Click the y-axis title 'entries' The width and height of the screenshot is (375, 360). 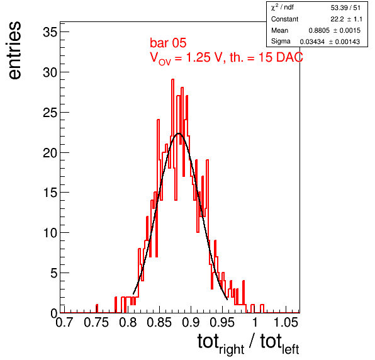click(15, 50)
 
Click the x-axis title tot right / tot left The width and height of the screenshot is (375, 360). click(249, 344)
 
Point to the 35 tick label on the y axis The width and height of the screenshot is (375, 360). click(50, 32)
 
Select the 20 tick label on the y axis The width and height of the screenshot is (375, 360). click(50, 152)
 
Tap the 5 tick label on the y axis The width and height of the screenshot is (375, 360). click(54, 273)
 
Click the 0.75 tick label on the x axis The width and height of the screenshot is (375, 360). click(96, 322)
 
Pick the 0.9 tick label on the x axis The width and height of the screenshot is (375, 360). click(191, 322)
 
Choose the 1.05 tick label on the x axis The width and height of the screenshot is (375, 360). click(286, 322)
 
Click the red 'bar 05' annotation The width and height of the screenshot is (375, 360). click(168, 43)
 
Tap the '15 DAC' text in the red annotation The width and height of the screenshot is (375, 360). click(281, 57)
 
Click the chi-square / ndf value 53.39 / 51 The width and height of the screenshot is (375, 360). click(345, 8)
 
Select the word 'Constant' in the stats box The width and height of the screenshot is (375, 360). click(284, 19)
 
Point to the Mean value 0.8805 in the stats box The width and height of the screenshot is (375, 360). click(319, 30)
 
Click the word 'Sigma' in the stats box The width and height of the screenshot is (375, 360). click(281, 42)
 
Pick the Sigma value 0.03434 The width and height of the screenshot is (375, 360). click(312, 42)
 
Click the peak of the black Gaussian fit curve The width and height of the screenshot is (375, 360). click(179, 133)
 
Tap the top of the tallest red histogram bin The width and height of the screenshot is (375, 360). click(172, 79)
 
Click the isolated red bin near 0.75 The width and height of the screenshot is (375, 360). click(97, 308)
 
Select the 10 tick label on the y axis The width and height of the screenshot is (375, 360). click(50, 233)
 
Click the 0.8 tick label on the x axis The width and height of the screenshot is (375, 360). click(128, 322)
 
